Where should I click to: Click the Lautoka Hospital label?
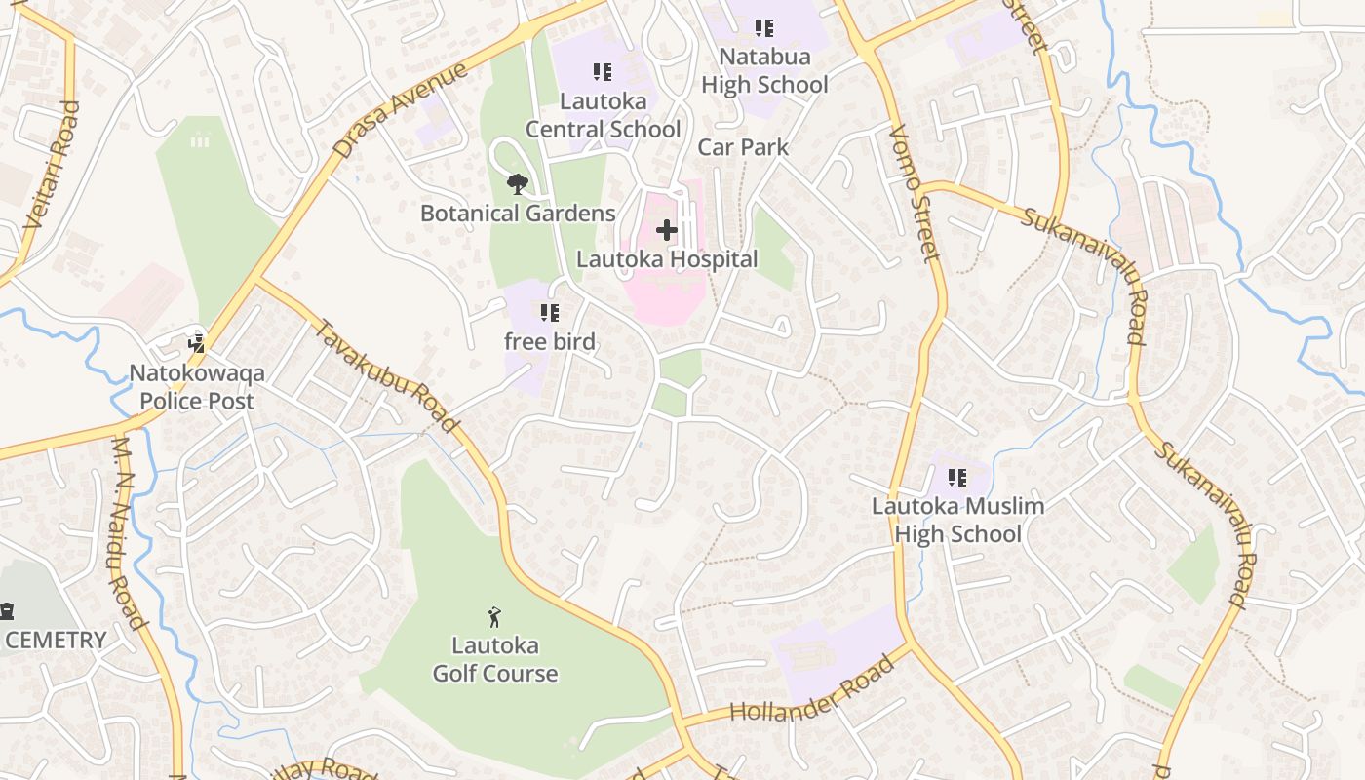coord(667,259)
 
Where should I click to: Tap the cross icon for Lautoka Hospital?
coord(667,230)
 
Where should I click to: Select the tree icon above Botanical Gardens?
coord(517,183)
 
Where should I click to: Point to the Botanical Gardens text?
coord(518,213)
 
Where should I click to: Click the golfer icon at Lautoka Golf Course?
coord(495,617)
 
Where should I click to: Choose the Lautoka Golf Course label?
coord(495,659)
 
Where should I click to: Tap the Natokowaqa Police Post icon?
coord(197,342)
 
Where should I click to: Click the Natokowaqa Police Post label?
coord(197,387)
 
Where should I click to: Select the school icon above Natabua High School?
coord(764,28)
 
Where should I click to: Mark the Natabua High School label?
coord(764,71)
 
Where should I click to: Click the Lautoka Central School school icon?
coord(603,72)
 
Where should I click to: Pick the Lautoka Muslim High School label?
coord(957,520)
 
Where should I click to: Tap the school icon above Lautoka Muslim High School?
coord(957,478)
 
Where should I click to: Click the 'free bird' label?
coord(550,342)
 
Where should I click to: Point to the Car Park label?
coord(743,147)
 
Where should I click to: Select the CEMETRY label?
coord(56,641)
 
